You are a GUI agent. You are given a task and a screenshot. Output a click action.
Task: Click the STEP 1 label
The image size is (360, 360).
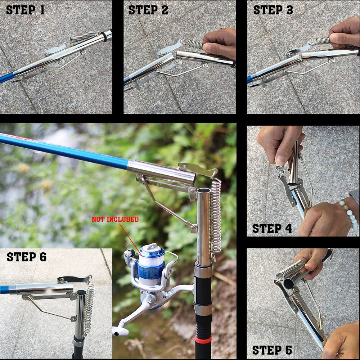(25, 10)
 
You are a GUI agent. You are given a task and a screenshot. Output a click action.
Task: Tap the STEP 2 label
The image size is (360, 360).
(148, 10)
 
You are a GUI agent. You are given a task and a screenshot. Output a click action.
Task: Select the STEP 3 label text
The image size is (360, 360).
(273, 10)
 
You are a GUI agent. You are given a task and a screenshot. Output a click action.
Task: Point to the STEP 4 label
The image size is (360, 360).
(272, 228)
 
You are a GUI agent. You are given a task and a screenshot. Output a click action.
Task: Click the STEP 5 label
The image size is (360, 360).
(272, 350)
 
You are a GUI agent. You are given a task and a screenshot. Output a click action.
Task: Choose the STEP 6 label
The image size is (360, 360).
(27, 257)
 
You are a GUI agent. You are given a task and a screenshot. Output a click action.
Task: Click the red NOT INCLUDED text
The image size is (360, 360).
(115, 219)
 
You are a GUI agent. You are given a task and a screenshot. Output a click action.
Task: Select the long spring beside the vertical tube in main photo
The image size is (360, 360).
(216, 216)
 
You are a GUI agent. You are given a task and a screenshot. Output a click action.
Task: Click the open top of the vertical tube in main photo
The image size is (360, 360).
(203, 190)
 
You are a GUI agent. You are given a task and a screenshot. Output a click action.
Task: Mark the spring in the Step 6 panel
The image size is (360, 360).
(89, 306)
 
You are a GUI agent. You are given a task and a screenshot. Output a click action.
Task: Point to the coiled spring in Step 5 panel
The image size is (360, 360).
(290, 270)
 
